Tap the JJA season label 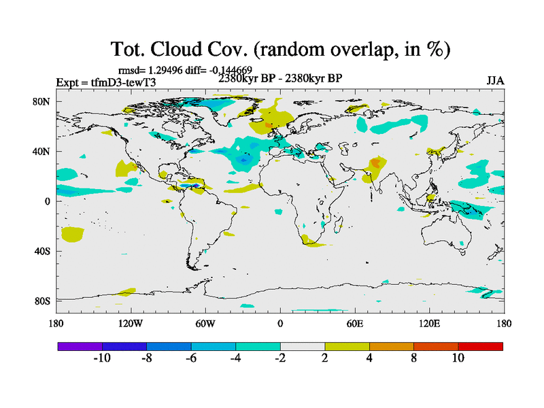495,80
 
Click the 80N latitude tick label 42,102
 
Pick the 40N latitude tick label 42,152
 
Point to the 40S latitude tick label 42,252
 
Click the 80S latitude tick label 42,301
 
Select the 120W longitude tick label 131,324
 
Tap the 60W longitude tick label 205,324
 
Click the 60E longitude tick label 354,324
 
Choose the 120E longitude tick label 429,324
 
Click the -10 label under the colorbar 102,358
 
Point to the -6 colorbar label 191,358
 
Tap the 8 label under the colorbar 413,358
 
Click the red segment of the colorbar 480,346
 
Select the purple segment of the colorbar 80,346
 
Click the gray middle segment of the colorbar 303,346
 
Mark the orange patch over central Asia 375,163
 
